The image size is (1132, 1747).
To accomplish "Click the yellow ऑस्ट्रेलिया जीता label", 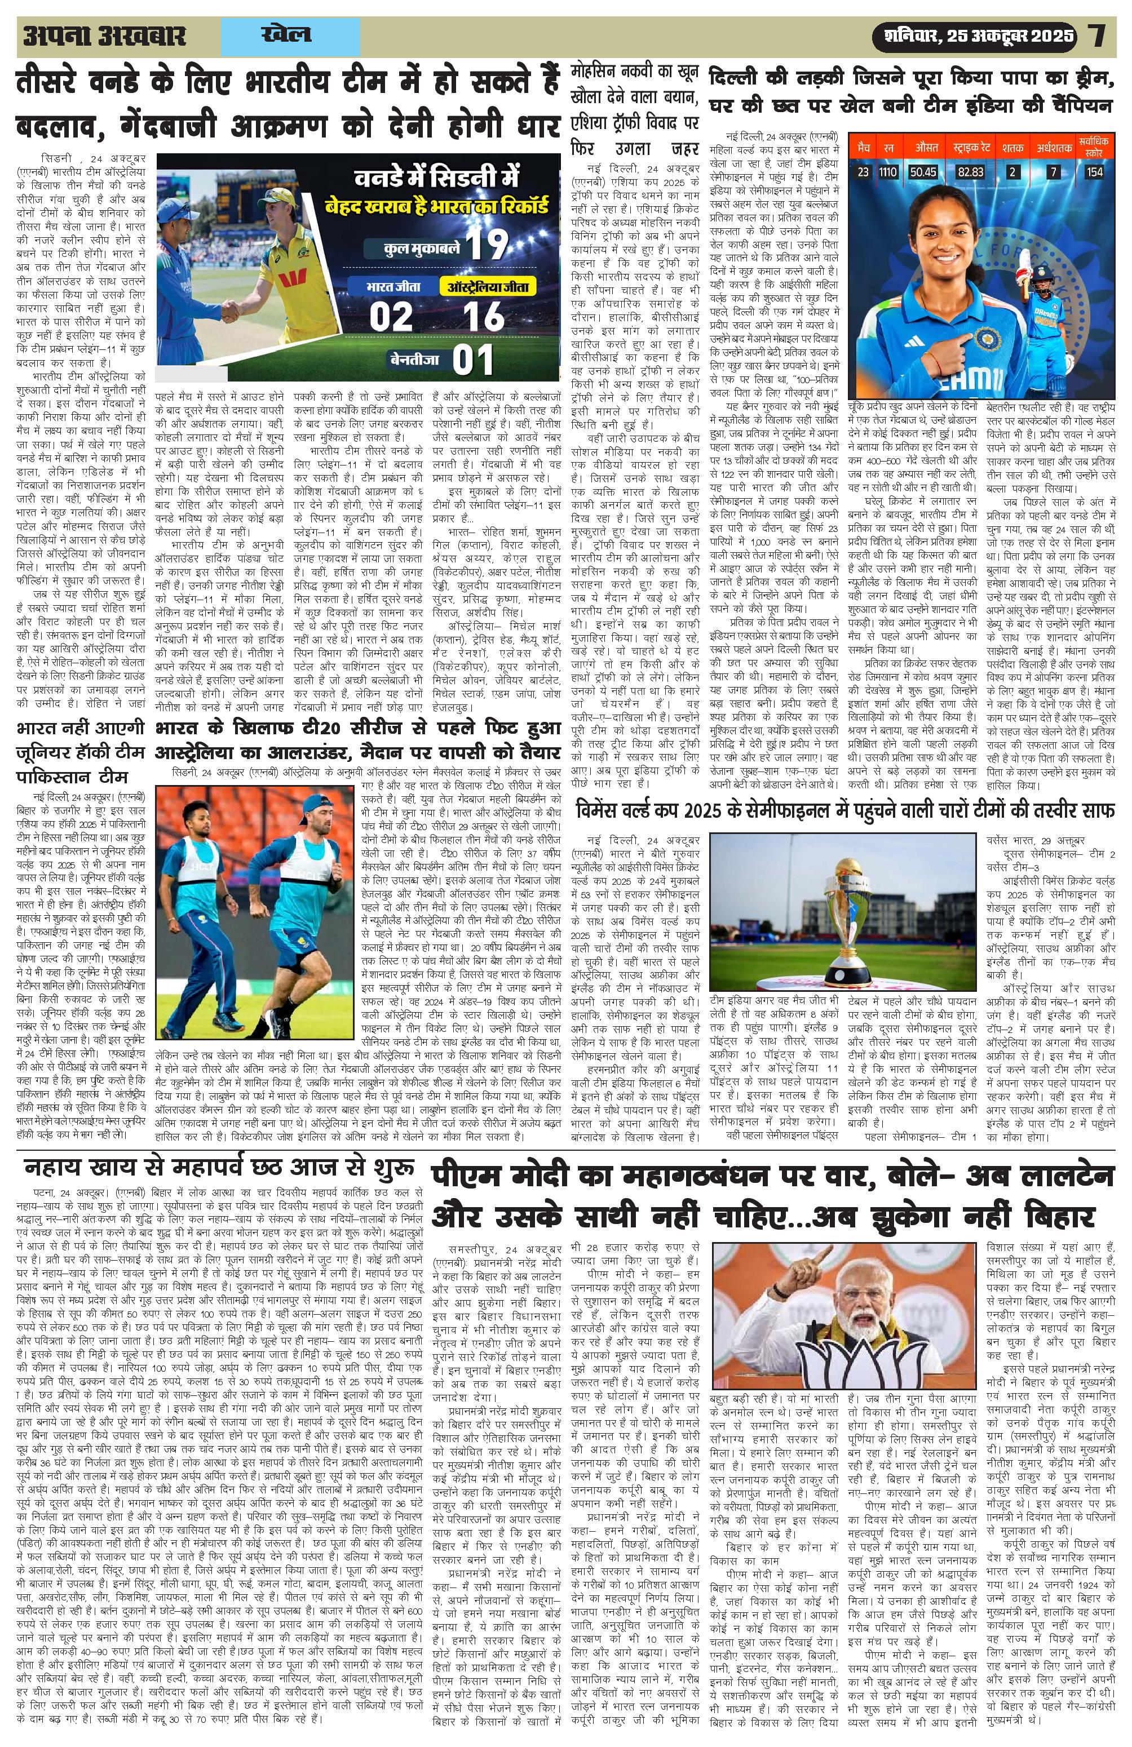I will (488, 286).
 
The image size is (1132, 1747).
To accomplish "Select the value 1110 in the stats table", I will (888, 172).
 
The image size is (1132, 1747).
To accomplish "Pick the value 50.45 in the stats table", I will (923, 172).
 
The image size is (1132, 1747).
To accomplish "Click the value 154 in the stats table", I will (1095, 172).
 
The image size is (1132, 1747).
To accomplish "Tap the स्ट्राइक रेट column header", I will (971, 148).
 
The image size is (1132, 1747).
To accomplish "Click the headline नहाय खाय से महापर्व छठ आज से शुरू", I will (219, 1169).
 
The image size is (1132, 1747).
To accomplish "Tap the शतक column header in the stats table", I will (1013, 148).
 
